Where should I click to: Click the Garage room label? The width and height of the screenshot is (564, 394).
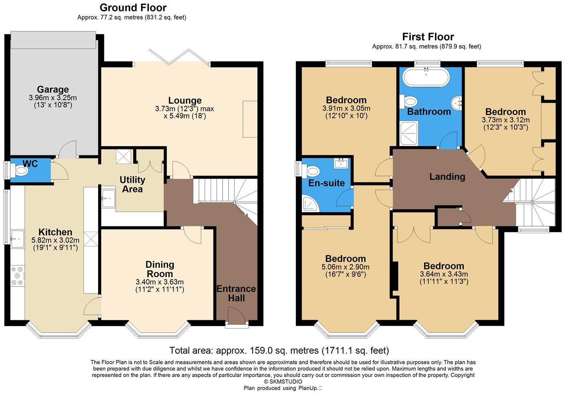tap(53, 90)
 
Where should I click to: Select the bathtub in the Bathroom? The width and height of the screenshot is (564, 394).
tap(426, 77)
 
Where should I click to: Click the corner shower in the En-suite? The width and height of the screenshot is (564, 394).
tap(311, 204)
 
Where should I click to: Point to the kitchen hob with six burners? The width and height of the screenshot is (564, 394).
tap(18, 276)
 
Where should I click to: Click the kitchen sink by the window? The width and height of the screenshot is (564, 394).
tap(17, 239)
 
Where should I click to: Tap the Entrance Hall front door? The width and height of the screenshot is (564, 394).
tap(237, 315)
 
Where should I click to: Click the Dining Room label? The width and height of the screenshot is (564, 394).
tap(160, 269)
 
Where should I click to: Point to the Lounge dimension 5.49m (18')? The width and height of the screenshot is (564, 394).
tap(185, 116)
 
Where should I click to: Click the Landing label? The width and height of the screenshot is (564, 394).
tap(447, 177)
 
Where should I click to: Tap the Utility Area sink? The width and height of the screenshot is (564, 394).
tap(108, 198)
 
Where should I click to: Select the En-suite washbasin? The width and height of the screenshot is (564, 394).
tap(341, 164)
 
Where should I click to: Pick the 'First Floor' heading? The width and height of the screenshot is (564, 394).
tap(428, 37)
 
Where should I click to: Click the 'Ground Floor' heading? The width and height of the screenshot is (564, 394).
tap(133, 8)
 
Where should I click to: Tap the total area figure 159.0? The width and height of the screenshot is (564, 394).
tap(261, 350)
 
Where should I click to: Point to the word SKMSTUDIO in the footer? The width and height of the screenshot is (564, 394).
tap(286, 381)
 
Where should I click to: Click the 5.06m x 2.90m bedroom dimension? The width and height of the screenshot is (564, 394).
tap(346, 267)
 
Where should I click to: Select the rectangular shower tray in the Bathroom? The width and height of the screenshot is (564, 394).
tap(409, 133)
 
